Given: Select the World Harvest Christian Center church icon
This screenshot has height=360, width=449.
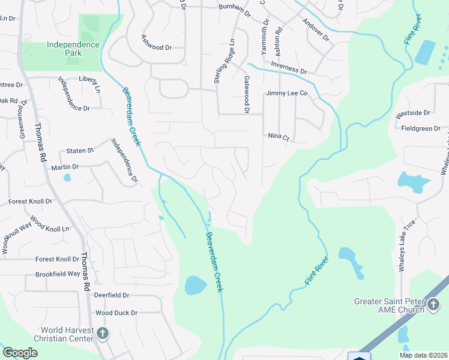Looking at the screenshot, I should tap(102, 334).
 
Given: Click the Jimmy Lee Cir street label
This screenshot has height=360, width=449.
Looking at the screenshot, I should tap(286, 94).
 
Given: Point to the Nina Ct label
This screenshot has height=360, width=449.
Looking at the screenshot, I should tap(279, 137).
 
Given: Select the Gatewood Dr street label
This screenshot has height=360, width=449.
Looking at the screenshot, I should tap(246, 94).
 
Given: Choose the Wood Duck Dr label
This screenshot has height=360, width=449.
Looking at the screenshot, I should tap(116, 313).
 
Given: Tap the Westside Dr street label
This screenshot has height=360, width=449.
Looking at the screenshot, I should tap(413, 112).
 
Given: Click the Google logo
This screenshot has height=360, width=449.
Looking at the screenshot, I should tap(20, 353).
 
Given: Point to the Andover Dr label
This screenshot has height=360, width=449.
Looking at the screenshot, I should tap(316, 29).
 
